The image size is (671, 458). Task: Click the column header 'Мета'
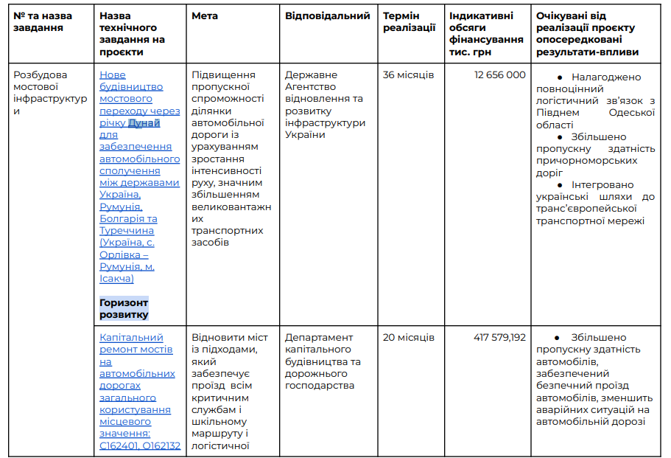pyautogui.click(x=205, y=16)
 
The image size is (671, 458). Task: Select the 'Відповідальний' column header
pyautogui.click(x=327, y=16)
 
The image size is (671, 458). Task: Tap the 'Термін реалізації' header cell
pyautogui.click(x=409, y=22)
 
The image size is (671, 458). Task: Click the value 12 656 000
pyautogui.click(x=500, y=75)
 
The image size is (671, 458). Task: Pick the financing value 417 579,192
pyautogui.click(x=499, y=338)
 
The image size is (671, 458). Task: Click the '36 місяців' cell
pyautogui.click(x=408, y=75)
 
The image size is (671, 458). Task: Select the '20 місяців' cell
pyautogui.click(x=408, y=338)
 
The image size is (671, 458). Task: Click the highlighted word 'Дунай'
pyautogui.click(x=144, y=123)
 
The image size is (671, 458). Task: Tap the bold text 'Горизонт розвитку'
pyautogui.click(x=124, y=309)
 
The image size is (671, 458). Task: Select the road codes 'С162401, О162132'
pyautogui.click(x=140, y=445)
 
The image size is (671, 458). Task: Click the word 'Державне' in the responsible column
pyautogui.click(x=311, y=75)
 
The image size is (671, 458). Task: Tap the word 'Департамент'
pyautogui.click(x=317, y=338)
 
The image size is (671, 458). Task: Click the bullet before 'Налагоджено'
pyautogui.click(x=559, y=77)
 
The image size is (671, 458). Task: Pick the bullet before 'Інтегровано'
pyautogui.click(x=559, y=185)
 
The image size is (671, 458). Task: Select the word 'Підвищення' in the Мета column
pyautogui.click(x=223, y=75)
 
